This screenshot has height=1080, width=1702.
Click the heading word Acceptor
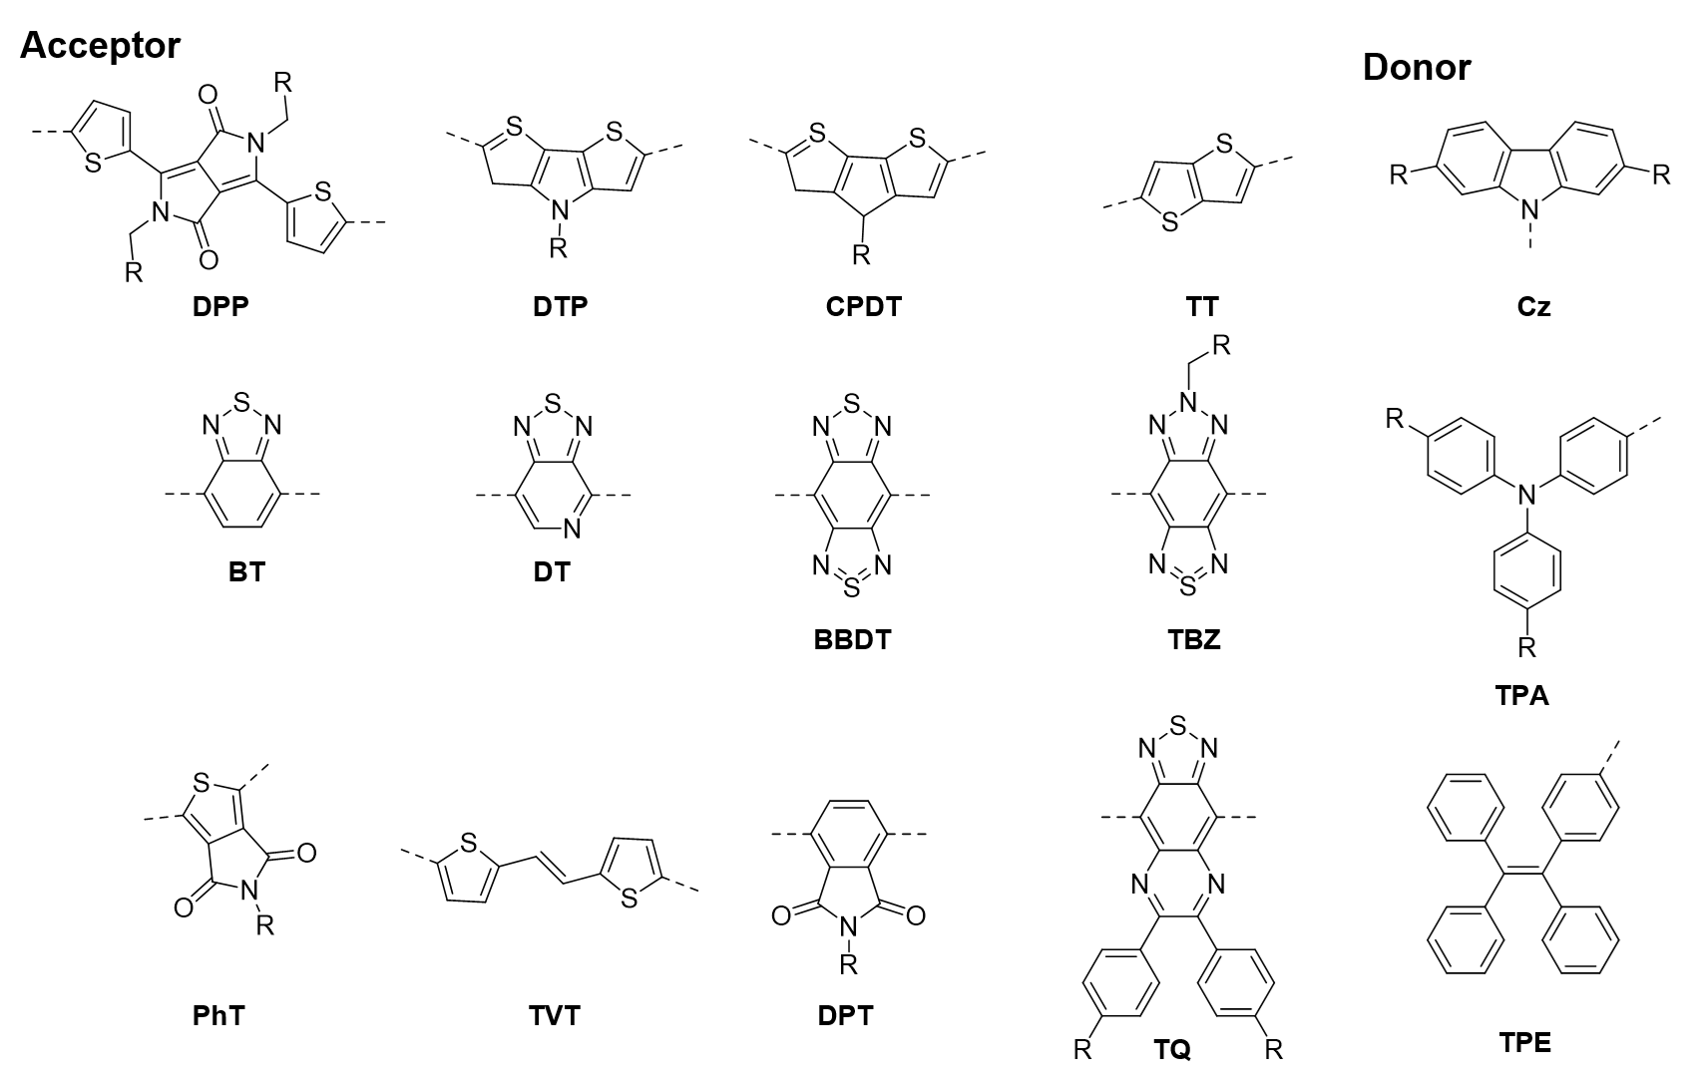tap(100, 46)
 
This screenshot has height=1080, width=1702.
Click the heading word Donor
tap(1416, 68)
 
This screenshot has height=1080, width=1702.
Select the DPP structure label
tap(220, 306)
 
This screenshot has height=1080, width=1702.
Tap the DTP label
tap(560, 306)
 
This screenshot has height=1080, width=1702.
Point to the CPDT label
tap(862, 306)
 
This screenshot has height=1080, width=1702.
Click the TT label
tap(1202, 306)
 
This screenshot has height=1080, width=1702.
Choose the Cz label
tap(1533, 306)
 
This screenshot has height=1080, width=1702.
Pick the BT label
tap(246, 572)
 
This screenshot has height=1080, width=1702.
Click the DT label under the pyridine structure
tap(553, 572)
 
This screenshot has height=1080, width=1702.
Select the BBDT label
tap(852, 638)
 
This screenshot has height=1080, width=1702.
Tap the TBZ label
tap(1193, 638)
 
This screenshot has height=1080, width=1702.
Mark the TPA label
tap(1522, 695)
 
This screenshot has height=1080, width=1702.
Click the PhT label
tap(218, 1016)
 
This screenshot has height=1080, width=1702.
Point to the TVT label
tap(554, 1016)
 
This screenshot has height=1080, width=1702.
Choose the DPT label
tap(844, 1016)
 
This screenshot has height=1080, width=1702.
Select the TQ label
tap(1172, 1048)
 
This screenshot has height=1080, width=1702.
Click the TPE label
tap(1525, 1043)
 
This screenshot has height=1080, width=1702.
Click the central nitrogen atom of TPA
tap(1523, 493)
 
